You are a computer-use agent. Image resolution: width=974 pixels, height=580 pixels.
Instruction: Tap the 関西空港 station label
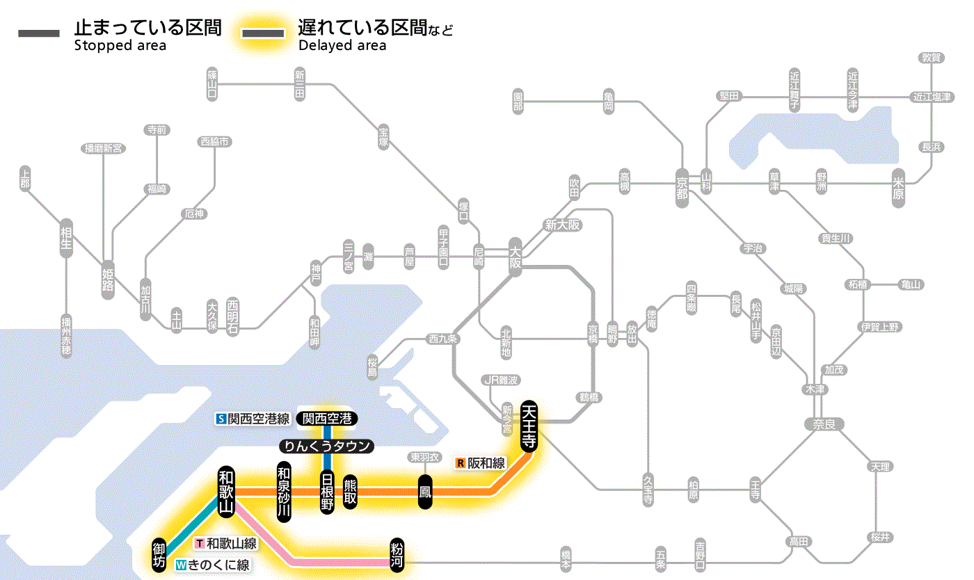pos(327,419)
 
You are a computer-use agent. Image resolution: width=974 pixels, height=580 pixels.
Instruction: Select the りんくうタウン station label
pos(326,446)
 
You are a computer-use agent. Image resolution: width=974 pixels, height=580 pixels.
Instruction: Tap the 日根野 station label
pos(327,491)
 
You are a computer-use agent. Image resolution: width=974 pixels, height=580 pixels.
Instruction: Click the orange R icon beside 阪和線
pos(460,462)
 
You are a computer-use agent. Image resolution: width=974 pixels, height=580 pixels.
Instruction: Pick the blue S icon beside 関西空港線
pos(221,419)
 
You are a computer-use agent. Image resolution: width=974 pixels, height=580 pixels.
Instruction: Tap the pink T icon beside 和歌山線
pos(200,543)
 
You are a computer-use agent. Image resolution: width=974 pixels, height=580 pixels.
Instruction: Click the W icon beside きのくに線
pos(181,565)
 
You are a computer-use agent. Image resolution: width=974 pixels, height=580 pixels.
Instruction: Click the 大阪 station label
pos(515,256)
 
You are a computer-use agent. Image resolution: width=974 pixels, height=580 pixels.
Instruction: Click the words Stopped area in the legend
pos(120,46)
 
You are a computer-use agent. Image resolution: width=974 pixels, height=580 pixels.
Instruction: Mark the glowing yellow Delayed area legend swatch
pos(262,33)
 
